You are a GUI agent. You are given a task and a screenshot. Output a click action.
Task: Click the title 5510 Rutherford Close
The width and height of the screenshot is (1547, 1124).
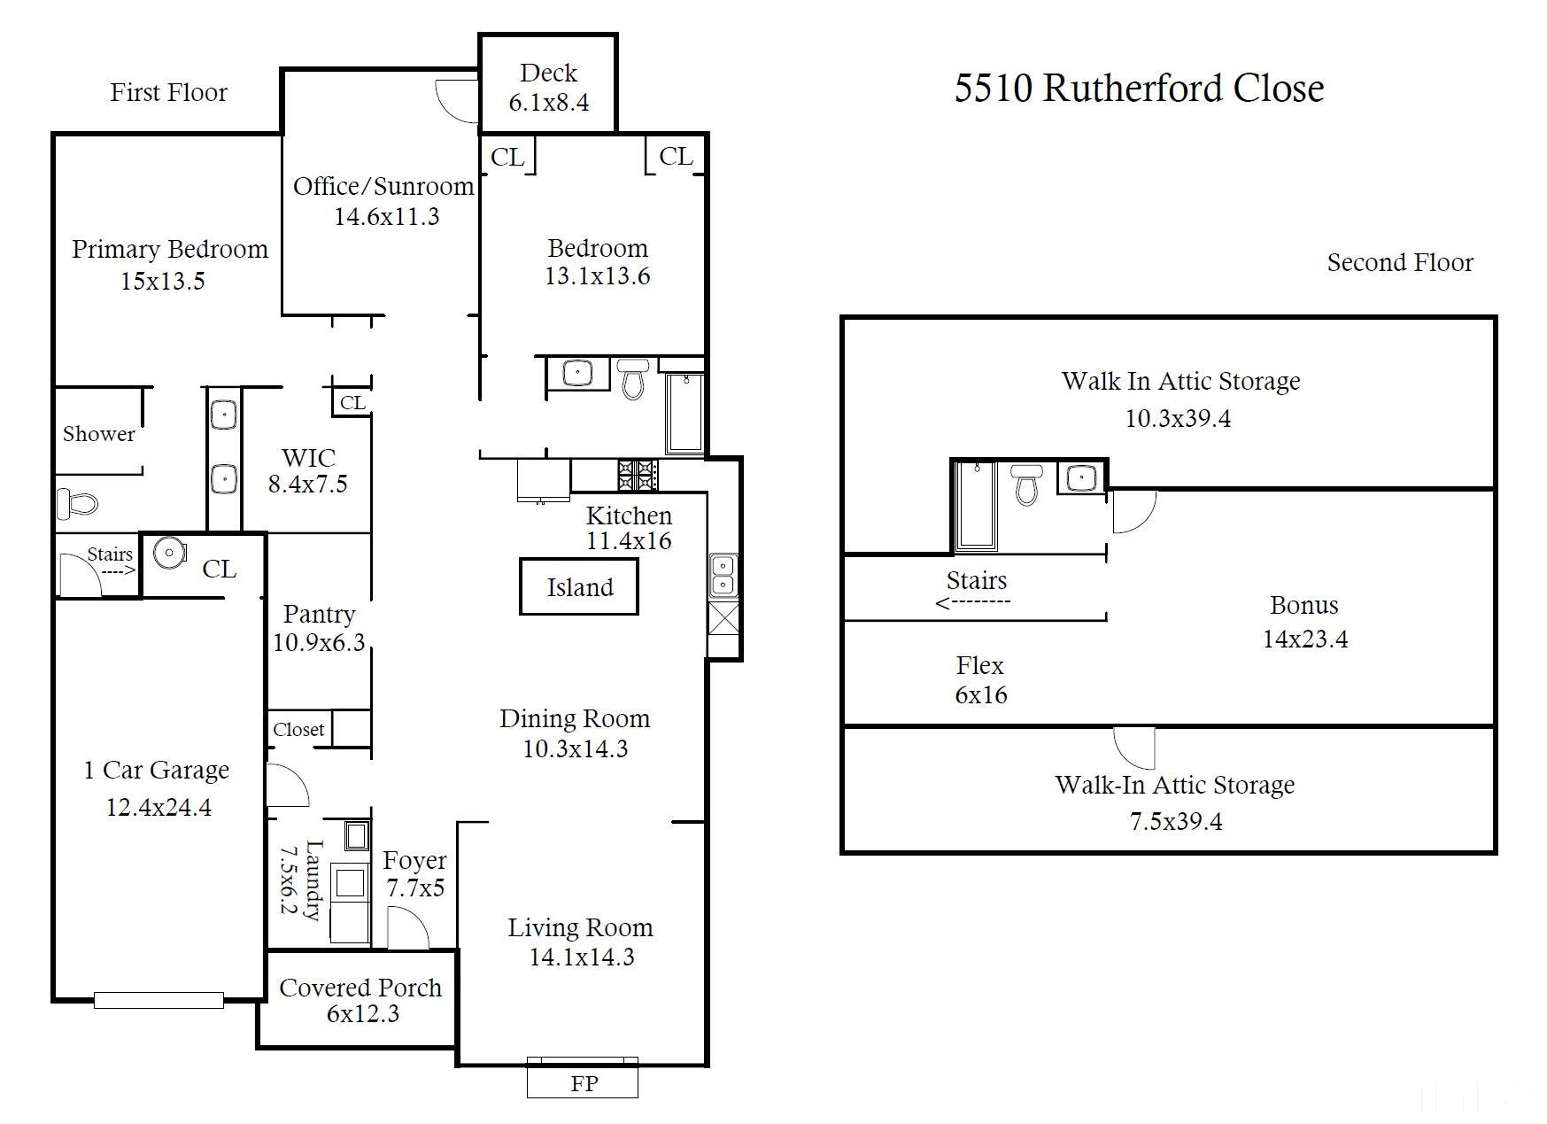click(x=1139, y=88)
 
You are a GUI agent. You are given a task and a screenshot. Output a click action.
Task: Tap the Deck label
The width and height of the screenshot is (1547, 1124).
click(x=548, y=73)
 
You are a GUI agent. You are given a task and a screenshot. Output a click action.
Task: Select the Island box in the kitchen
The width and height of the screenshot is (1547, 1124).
click(x=579, y=586)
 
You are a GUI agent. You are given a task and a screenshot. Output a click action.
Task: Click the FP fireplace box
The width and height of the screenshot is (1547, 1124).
click(x=583, y=1077)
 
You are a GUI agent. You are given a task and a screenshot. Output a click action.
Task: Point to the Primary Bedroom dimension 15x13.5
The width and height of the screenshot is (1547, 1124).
click(x=163, y=281)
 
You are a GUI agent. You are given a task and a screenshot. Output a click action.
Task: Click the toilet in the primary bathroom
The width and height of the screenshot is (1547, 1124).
click(x=77, y=503)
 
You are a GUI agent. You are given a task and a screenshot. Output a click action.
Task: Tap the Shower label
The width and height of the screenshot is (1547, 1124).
click(x=98, y=434)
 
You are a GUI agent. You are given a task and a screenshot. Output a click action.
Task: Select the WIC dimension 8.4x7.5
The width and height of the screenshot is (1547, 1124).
click(x=308, y=484)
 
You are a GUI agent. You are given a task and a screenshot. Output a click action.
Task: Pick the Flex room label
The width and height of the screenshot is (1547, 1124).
click(x=980, y=665)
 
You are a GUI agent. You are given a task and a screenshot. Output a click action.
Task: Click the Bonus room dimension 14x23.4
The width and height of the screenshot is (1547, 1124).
click(x=1305, y=639)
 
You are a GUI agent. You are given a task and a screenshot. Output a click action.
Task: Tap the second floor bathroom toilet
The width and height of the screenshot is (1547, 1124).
click(x=1026, y=484)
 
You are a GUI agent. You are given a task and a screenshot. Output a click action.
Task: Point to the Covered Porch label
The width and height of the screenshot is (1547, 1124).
click(x=360, y=988)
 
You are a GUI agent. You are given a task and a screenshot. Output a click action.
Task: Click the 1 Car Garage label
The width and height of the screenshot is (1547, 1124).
click(x=156, y=770)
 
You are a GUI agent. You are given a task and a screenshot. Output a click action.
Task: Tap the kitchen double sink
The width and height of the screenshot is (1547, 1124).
click(x=723, y=575)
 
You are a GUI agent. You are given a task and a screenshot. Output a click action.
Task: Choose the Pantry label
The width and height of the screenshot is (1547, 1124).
click(x=319, y=614)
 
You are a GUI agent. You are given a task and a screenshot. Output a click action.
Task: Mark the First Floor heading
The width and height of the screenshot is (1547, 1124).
click(x=168, y=92)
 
